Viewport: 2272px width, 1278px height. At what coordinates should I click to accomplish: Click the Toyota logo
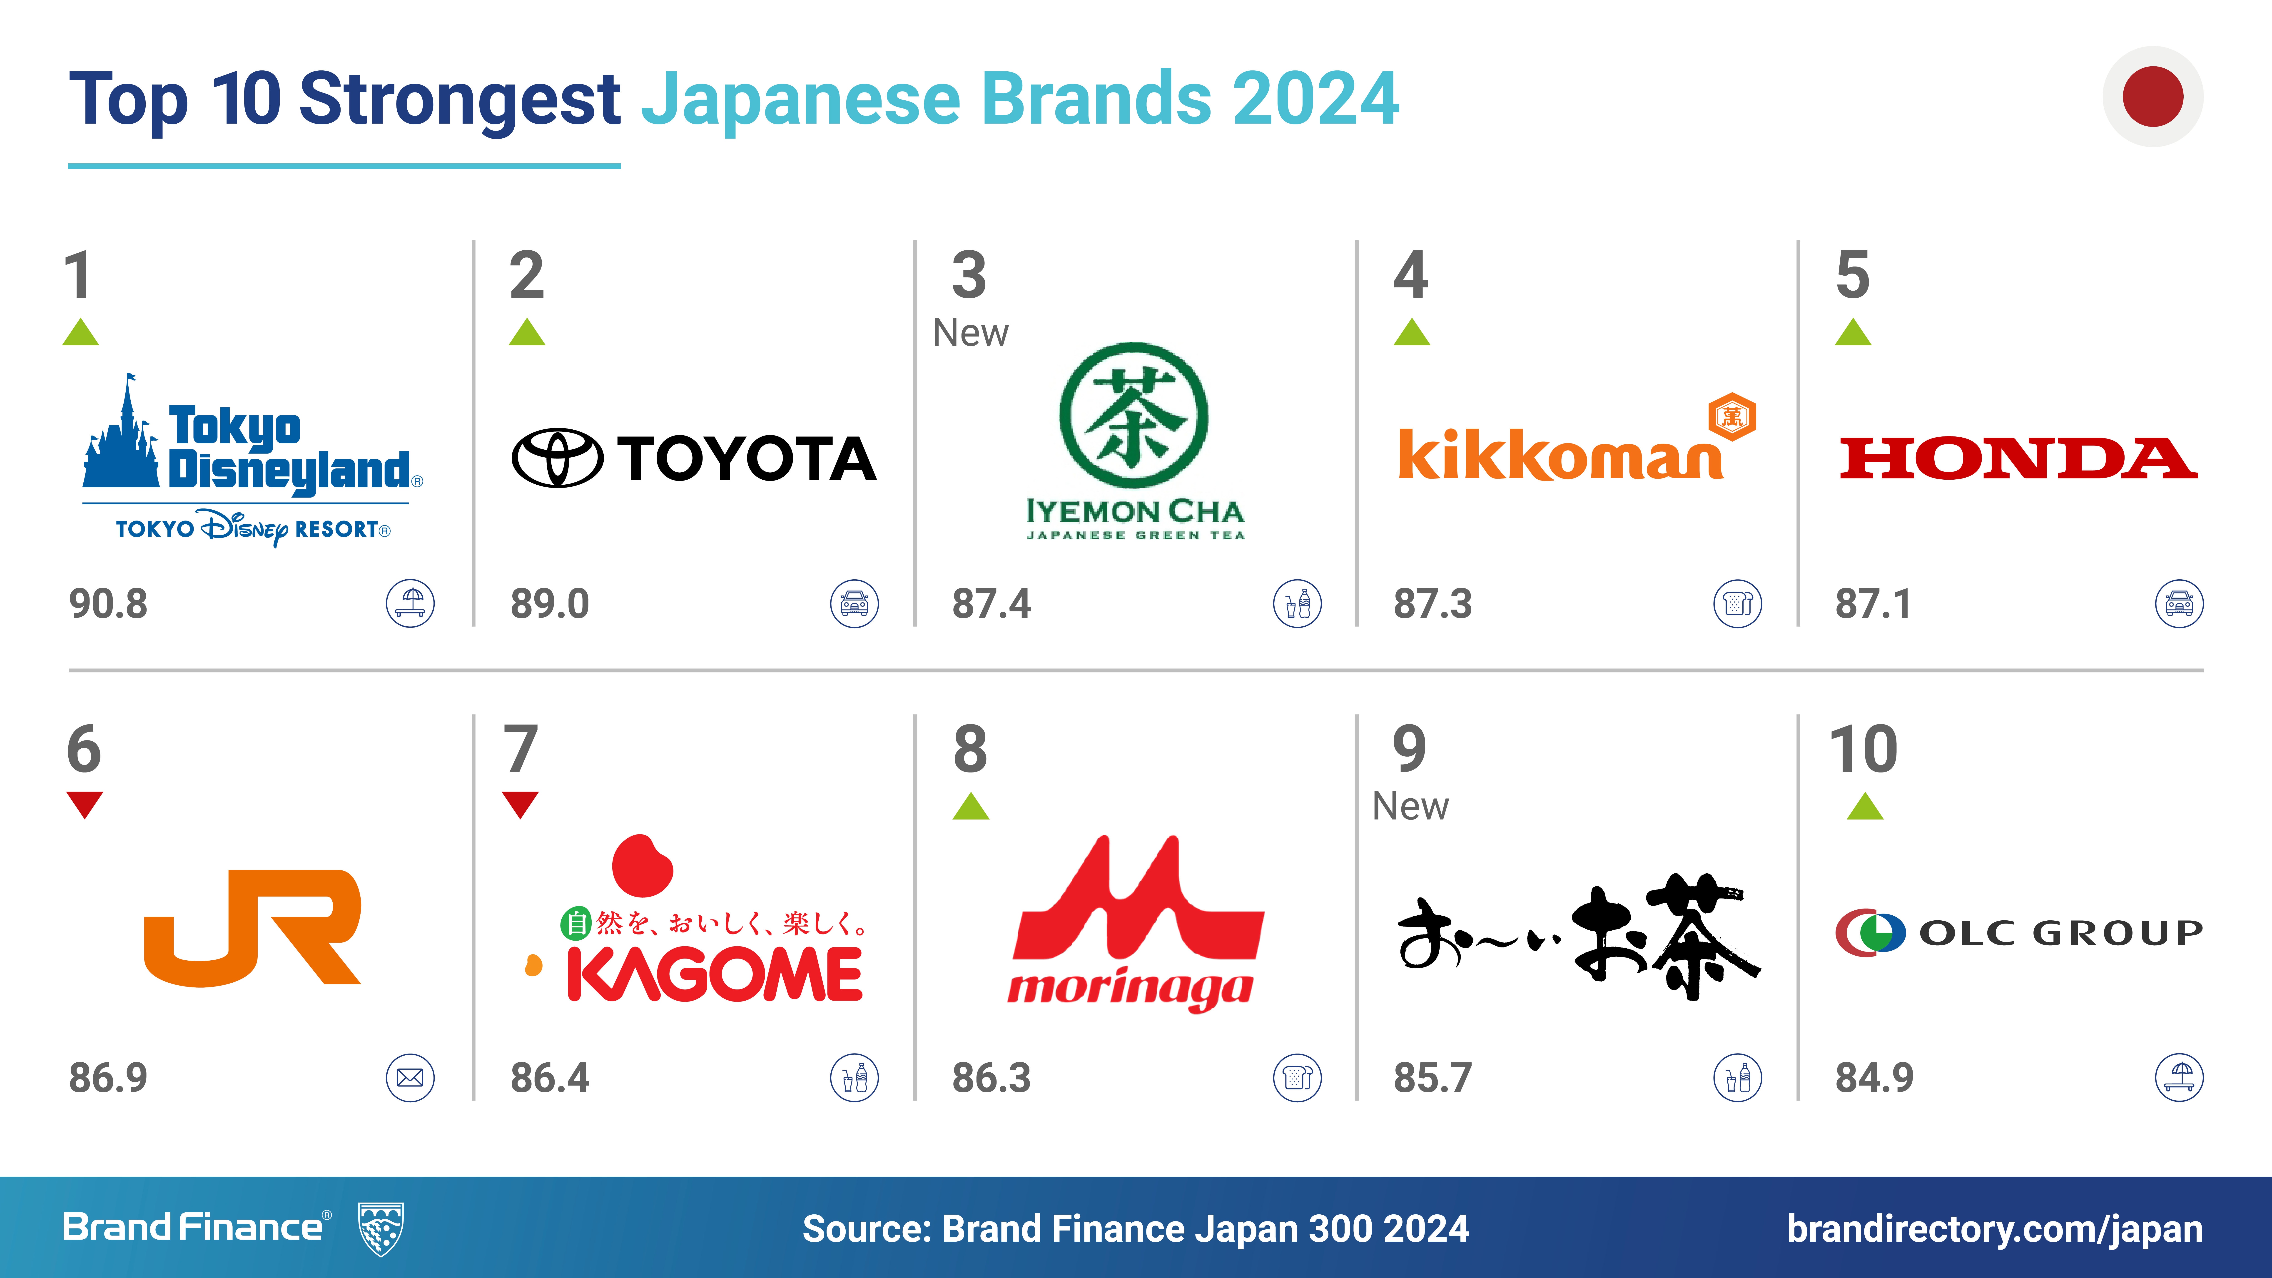694,458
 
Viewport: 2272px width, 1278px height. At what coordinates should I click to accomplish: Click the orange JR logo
252,928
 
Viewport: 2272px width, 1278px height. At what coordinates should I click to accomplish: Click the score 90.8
108,604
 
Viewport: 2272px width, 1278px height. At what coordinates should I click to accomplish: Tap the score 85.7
1432,1078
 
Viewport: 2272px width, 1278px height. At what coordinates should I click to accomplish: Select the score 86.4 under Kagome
549,1078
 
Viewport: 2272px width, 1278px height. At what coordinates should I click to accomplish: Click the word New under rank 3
970,333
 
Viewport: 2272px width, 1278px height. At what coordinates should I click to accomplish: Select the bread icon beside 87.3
1738,604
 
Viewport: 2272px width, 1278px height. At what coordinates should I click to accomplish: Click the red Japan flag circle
2153,96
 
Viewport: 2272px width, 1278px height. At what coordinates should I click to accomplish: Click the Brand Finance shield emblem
381,1228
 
